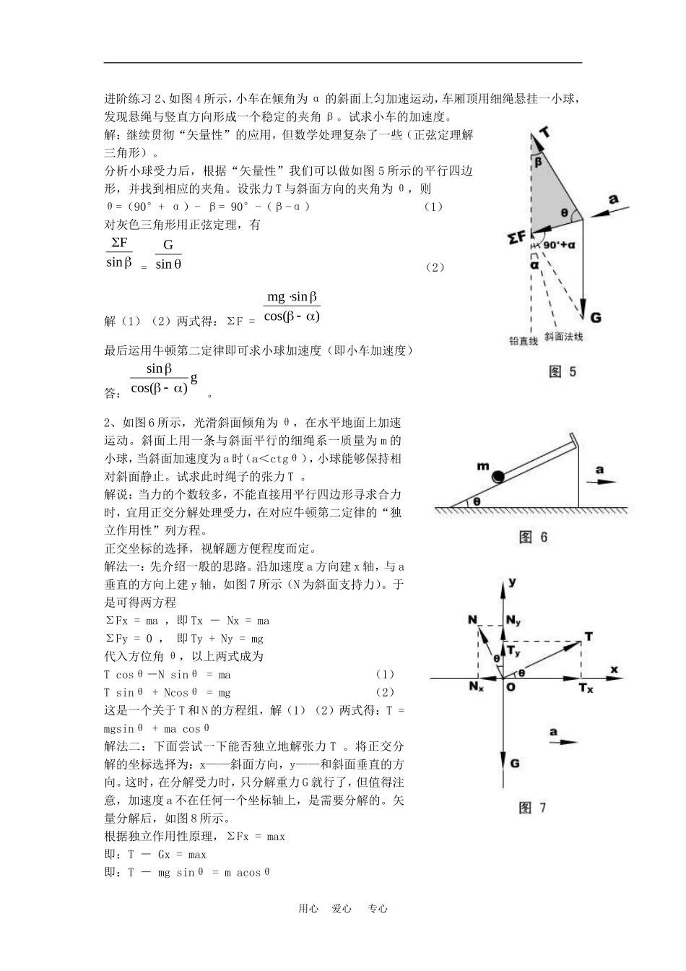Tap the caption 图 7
(532, 808)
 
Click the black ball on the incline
(499, 477)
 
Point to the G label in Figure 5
(596, 317)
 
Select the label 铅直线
(524, 341)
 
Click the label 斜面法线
(564, 337)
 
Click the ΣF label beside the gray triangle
(517, 236)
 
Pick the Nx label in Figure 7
(476, 686)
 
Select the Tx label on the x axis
(586, 688)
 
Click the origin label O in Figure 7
(511, 687)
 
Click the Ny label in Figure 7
(513, 621)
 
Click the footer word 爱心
(342, 909)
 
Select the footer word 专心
(378, 909)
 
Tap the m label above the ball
(482, 466)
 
